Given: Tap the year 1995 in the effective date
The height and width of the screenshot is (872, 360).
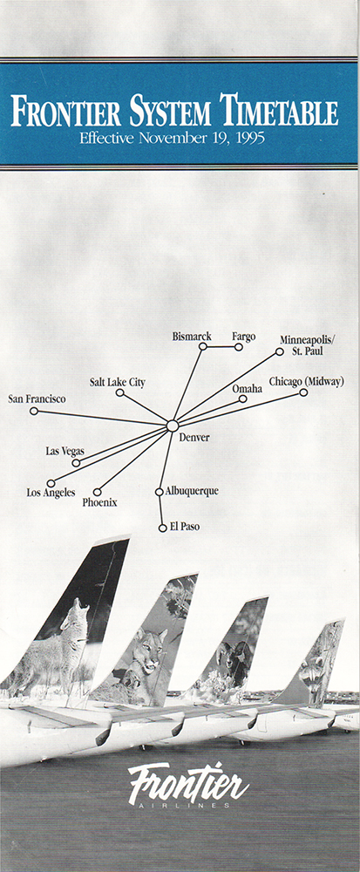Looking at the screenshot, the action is click(x=250, y=138).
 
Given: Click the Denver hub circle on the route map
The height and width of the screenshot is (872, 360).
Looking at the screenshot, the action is click(x=173, y=426).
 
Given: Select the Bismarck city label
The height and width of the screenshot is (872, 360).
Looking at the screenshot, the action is click(x=192, y=337).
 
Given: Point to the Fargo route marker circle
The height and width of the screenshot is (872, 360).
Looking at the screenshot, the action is click(x=238, y=347).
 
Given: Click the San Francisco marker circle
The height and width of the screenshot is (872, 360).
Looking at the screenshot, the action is click(x=34, y=411).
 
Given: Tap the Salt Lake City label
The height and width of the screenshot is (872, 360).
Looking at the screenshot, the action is click(x=117, y=383).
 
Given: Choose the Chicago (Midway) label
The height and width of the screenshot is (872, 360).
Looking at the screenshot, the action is click(x=307, y=382).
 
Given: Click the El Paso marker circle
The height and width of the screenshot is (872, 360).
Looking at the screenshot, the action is click(x=162, y=528).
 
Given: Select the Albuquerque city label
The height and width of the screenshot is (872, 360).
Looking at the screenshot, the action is click(x=192, y=491).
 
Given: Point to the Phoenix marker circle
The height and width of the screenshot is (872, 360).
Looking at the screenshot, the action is click(x=98, y=492).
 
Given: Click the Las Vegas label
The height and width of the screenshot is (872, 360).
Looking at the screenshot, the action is click(x=65, y=451).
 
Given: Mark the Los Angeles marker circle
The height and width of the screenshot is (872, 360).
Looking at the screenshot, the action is click(x=51, y=483).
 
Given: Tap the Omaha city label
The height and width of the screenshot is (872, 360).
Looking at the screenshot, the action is click(x=248, y=389).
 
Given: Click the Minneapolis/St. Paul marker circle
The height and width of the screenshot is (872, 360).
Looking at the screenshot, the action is click(x=280, y=351).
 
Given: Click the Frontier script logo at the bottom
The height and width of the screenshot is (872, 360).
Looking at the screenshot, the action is click(x=188, y=784).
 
